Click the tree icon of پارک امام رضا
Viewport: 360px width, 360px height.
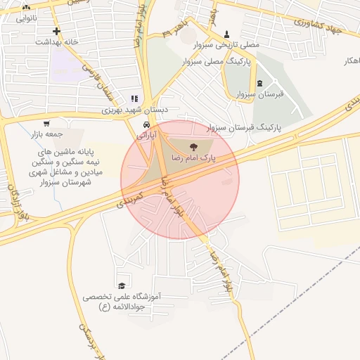193,146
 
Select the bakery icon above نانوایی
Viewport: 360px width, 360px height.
26,7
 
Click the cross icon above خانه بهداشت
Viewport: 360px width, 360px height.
56,31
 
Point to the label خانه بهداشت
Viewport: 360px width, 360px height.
56,42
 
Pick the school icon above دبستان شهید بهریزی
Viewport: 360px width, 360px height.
134,99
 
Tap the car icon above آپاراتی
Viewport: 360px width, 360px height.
146,123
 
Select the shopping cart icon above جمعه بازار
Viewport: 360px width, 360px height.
46,123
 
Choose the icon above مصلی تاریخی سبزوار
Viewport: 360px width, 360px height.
226,34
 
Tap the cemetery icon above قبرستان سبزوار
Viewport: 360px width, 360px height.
260,83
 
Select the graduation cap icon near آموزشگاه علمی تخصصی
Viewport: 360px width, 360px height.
122,285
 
